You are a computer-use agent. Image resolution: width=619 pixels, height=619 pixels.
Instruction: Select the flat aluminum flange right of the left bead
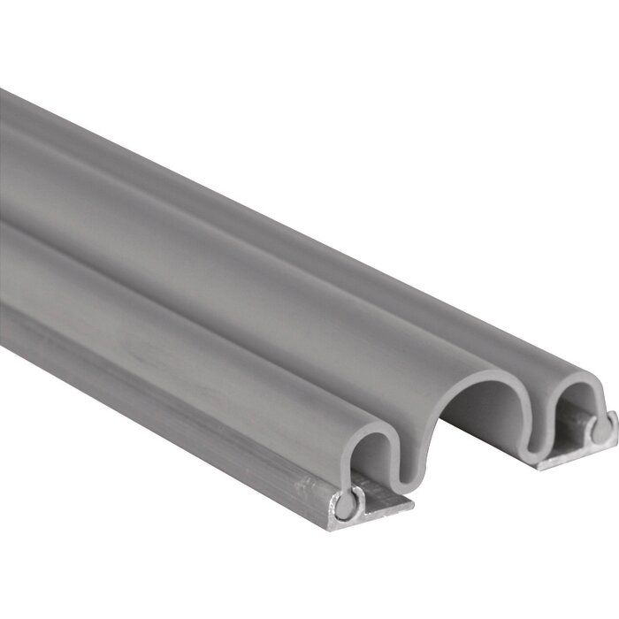tap(385, 508)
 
